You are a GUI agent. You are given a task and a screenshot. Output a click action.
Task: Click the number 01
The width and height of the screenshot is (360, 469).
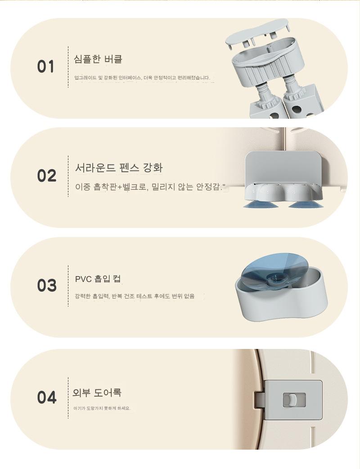point(46,67)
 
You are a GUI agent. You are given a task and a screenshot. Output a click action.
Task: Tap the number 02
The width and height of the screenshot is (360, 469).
point(47,175)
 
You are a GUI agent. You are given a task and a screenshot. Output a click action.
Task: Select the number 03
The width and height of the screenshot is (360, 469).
point(47,285)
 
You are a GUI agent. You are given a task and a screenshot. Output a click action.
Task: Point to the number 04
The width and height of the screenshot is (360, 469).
point(47,398)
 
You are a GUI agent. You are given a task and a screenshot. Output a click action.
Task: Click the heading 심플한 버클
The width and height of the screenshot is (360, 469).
point(98,59)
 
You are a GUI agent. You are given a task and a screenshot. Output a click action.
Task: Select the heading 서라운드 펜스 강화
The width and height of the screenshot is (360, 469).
point(119,167)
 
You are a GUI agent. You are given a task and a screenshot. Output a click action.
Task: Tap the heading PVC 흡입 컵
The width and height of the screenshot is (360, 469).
point(98,279)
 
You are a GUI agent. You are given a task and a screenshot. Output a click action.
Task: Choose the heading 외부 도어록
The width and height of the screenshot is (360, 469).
point(97,393)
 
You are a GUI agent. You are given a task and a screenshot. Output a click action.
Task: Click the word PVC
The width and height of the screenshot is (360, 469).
point(83,279)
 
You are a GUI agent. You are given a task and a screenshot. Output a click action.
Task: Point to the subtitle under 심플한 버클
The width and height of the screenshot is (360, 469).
point(142,78)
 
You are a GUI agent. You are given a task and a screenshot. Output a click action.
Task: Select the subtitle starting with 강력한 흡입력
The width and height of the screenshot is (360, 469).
point(135,296)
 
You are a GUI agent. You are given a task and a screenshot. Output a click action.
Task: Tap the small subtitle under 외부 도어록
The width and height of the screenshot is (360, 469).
point(102,408)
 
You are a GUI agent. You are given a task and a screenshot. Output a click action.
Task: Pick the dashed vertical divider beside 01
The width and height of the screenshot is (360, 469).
point(68,67)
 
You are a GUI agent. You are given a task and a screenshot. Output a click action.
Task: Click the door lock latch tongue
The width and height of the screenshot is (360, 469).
point(259,400)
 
